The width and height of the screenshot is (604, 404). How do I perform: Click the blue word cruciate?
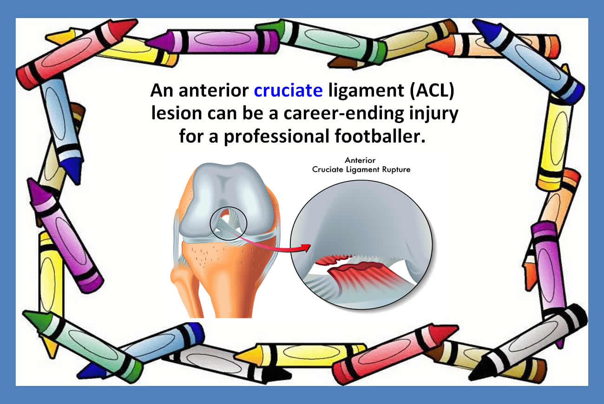[x=288, y=90]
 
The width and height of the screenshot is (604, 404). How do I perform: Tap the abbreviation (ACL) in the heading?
[x=432, y=90]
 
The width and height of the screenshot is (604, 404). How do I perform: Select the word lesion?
[x=177, y=113]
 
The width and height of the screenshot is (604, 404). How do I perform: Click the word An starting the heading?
[x=162, y=90]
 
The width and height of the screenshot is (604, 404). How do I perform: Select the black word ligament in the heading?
[x=366, y=91]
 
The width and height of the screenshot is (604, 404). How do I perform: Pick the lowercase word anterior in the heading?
[x=214, y=90]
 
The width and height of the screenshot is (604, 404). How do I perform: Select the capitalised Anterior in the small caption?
[x=360, y=160]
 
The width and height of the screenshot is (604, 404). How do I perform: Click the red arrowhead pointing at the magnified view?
[x=306, y=248]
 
